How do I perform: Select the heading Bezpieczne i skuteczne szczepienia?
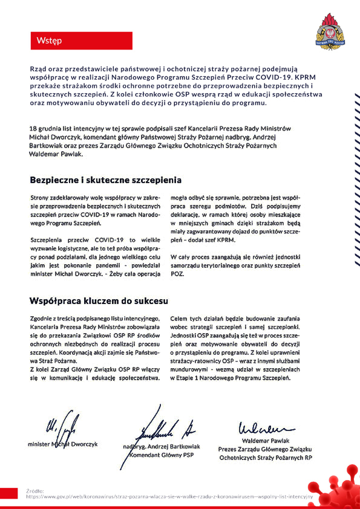click(x=105, y=180)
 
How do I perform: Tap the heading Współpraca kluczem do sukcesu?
click(x=99, y=300)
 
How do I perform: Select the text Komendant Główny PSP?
click(x=167, y=455)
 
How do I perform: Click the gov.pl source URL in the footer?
click(x=169, y=496)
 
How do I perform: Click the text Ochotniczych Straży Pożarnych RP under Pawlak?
click(x=266, y=458)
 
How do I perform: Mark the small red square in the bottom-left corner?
click(x=9, y=492)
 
